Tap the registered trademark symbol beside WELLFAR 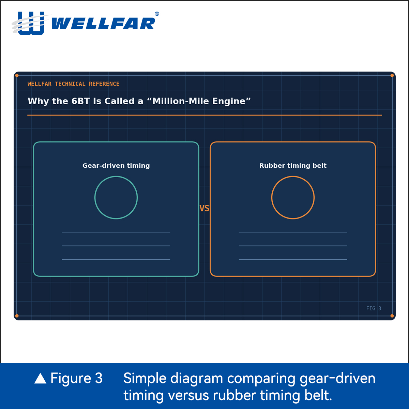157,14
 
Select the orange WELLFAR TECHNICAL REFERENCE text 73,84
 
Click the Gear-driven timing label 116,166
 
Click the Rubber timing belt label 293,166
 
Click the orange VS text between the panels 204,209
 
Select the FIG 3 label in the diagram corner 374,308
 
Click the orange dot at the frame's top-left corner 17,75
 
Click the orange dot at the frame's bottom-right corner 392,316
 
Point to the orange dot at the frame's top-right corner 392,75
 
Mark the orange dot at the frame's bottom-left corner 17,316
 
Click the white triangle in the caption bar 40,379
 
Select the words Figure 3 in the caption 76,378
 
